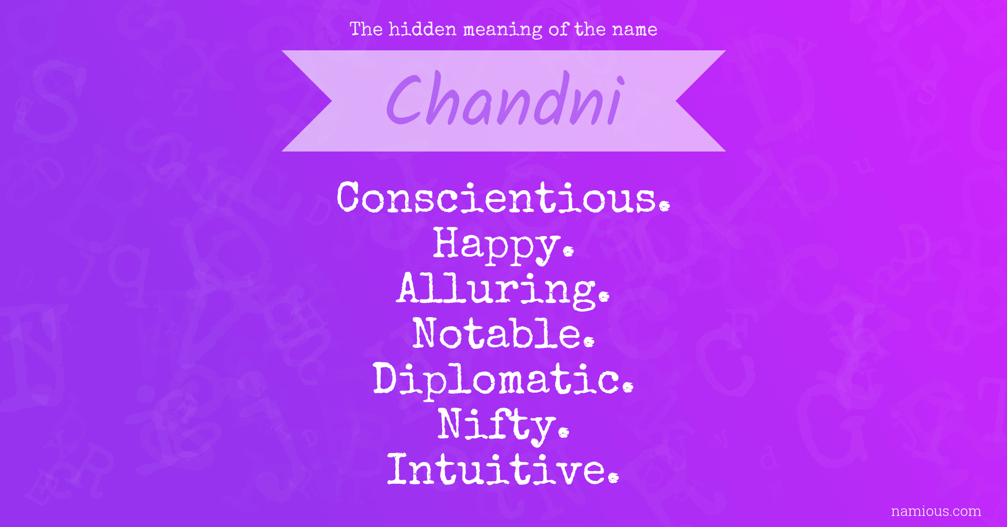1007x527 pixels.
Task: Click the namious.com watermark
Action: pyautogui.click(x=936, y=511)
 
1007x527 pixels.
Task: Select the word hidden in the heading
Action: pyautogui.click(x=422, y=29)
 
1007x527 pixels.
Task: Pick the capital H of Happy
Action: pyautogui.click(x=450, y=242)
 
